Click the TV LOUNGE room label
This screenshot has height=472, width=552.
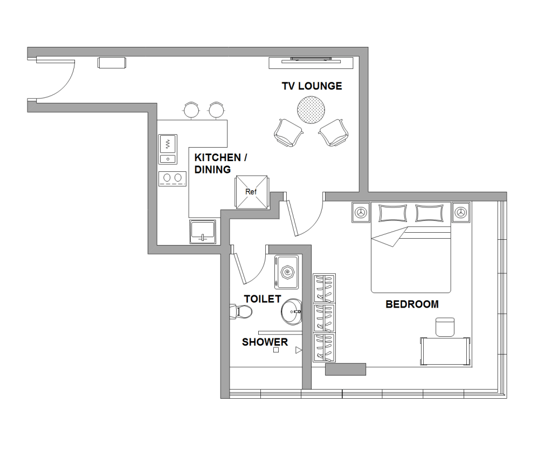click(312, 86)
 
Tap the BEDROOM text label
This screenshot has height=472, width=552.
click(412, 304)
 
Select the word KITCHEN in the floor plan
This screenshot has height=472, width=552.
click(218, 157)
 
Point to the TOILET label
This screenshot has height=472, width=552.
click(263, 299)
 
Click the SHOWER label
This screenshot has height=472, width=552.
click(265, 342)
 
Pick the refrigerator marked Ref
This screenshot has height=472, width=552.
click(251, 192)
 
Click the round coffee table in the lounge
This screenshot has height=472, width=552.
click(311, 110)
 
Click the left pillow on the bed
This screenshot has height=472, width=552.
click(392, 213)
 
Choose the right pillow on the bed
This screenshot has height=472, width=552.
click(429, 213)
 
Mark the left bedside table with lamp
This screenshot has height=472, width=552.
click(361, 212)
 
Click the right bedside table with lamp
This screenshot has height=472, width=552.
click(461, 212)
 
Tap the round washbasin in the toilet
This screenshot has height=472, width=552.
click(292, 311)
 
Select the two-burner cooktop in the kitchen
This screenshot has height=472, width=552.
click(172, 178)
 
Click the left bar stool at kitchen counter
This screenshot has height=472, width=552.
click(191, 110)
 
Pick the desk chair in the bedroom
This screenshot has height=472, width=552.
click(445, 327)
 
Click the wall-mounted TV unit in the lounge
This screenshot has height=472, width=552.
click(311, 63)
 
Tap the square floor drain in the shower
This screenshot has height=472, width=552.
click(276, 350)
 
